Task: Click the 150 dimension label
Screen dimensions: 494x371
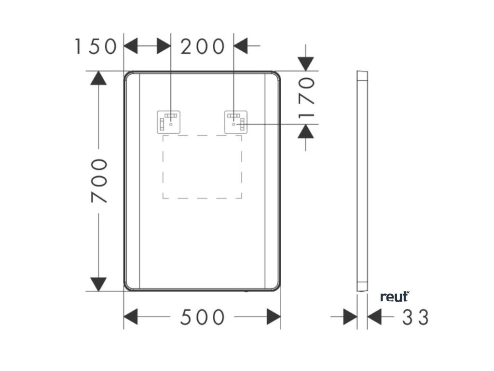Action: pos(96,47)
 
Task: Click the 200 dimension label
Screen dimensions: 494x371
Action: pos(203,47)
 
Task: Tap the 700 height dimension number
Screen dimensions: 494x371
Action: pos(99,181)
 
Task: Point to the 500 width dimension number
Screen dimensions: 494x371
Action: pos(203,317)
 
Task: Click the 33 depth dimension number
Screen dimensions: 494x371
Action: pos(415,317)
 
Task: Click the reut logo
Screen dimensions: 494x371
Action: pos(395,297)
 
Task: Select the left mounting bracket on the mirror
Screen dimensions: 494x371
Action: pos(169,121)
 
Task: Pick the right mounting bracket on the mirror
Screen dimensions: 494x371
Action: pos(236,121)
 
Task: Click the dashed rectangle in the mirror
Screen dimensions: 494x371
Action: pos(202,167)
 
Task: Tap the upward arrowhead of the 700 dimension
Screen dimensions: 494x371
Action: pos(98,78)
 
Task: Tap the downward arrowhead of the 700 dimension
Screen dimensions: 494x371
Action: pos(98,284)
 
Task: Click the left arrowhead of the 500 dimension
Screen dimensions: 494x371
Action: pos(131,317)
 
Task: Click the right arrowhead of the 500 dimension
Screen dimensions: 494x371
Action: pos(274,317)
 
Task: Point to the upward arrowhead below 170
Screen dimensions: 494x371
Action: pos(305,131)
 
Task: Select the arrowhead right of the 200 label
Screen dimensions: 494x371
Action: pos(241,46)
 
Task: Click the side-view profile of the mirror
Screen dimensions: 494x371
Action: pos(362,181)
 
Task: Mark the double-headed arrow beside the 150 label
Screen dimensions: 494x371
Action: pos(147,46)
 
